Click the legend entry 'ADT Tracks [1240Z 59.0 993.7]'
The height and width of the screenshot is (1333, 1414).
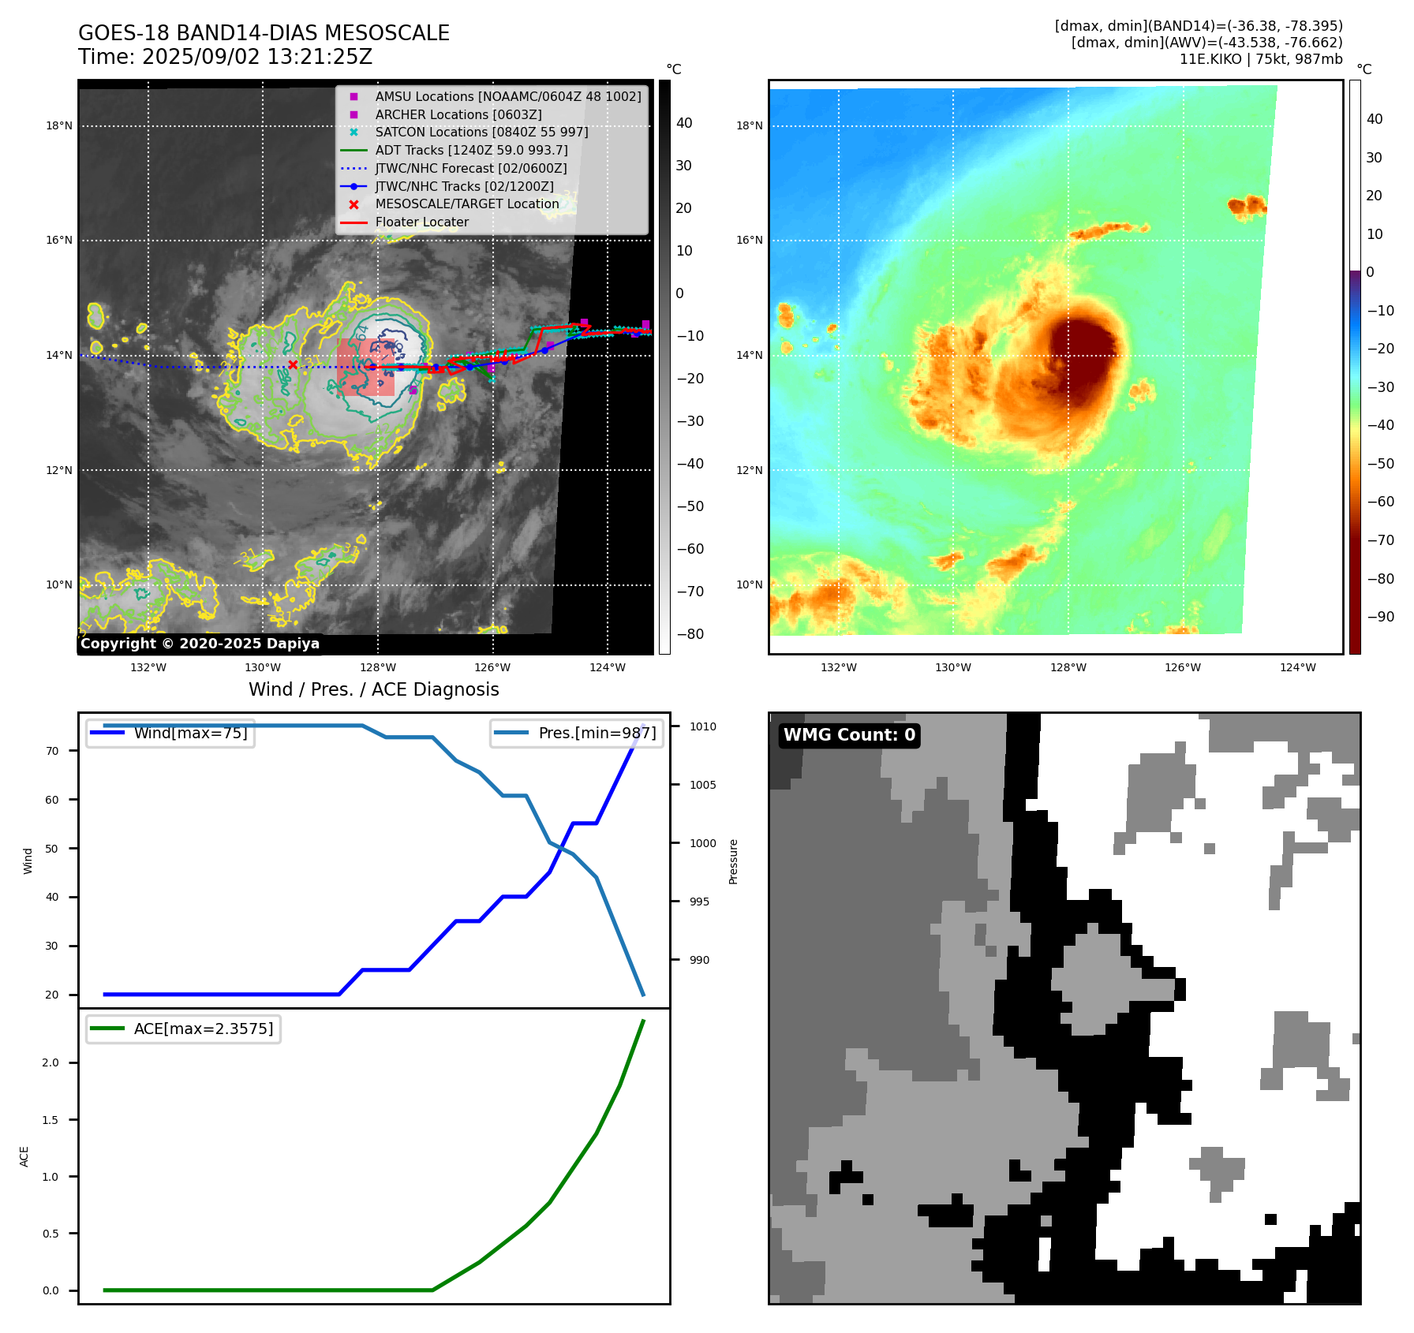(471, 150)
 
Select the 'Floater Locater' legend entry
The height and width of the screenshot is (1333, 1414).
(421, 222)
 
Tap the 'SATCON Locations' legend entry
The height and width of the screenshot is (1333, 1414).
(481, 132)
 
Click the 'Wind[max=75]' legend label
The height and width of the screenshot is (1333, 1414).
(190, 733)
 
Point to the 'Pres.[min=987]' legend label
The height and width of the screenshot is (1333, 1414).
(597, 733)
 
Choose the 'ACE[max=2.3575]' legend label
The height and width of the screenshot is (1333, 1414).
(204, 1029)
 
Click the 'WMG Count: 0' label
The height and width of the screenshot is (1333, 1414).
(849, 735)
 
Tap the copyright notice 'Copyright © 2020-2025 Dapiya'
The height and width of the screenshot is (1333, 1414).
(200, 644)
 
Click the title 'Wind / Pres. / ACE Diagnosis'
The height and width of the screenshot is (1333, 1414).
(373, 689)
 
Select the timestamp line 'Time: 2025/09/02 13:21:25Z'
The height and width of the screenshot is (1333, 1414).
(225, 57)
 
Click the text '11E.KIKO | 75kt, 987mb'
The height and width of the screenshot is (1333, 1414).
(1260, 59)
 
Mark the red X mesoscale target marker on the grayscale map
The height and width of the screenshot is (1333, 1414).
(293, 364)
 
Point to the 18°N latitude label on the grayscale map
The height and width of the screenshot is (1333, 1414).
(59, 125)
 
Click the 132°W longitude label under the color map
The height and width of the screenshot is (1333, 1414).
(838, 667)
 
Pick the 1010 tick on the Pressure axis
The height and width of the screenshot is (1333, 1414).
(702, 726)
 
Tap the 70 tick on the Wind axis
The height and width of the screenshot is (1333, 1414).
(52, 751)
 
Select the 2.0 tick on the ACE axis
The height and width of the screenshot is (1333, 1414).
(50, 1062)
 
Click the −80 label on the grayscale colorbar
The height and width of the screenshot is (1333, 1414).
(690, 634)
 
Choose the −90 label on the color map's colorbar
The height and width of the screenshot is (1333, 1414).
(1380, 617)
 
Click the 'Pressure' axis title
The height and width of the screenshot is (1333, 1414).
(733, 861)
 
